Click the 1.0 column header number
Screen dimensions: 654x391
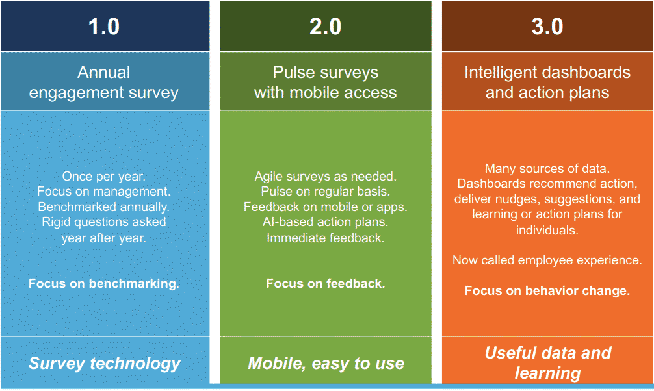[x=104, y=26]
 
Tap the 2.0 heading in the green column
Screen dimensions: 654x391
[x=325, y=26]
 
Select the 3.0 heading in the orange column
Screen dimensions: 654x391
[x=547, y=26]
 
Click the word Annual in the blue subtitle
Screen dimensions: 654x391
[x=104, y=72]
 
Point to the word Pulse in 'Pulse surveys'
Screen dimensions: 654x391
[x=294, y=72]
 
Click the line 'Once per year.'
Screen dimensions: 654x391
[x=104, y=176]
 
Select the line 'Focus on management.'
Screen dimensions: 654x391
[x=104, y=192]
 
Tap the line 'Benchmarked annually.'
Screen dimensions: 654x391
[x=104, y=207]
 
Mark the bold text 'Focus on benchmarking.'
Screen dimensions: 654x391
[x=104, y=283]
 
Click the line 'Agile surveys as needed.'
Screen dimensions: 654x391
[x=325, y=176]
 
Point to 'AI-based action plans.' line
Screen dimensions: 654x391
[x=325, y=221]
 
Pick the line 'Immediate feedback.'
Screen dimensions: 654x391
[x=325, y=238]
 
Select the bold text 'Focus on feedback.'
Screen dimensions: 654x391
[x=325, y=283]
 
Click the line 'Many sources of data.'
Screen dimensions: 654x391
[x=547, y=168]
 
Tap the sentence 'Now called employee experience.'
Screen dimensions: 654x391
[x=547, y=260]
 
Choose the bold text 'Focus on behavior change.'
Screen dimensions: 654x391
[x=547, y=290]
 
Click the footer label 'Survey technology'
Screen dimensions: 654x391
[x=104, y=364]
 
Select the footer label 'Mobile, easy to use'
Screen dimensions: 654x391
[x=326, y=364]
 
